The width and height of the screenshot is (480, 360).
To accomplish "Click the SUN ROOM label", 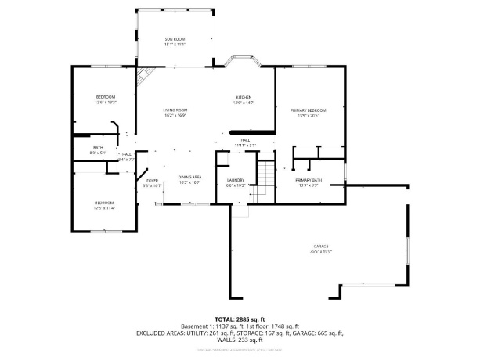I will tap(174, 38).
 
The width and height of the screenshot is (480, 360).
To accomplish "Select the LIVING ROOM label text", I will tap(174, 110).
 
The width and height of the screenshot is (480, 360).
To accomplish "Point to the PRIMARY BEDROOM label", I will tap(308, 110).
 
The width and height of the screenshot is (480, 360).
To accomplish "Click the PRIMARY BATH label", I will tap(308, 180).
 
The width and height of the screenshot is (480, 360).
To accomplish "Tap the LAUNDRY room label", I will tap(236, 180).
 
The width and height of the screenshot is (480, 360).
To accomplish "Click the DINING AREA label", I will tap(190, 177).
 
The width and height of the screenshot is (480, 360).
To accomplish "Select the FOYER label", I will tap(151, 180).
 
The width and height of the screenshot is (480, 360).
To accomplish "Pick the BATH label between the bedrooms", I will tap(98, 147).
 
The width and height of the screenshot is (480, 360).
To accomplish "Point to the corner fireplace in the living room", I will tap(144, 77).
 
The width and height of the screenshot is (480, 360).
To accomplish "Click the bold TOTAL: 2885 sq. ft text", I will tap(240, 319).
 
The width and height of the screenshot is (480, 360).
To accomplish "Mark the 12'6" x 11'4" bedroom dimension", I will tap(104, 207).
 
